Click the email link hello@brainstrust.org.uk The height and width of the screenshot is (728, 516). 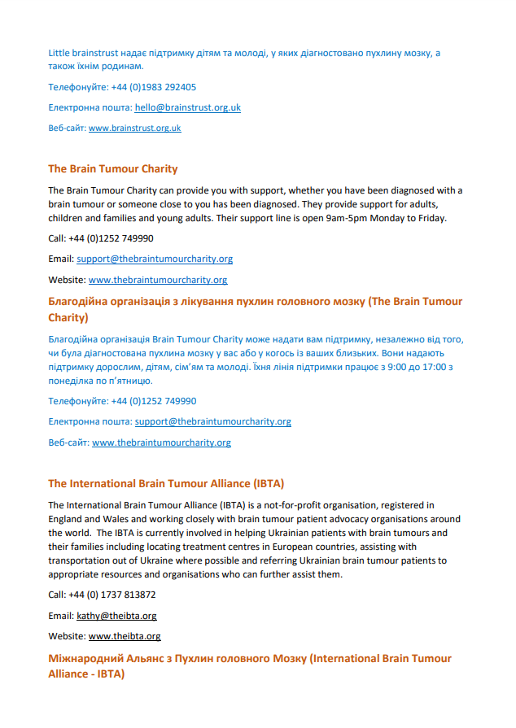click(x=187, y=107)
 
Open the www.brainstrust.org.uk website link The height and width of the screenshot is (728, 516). click(x=134, y=128)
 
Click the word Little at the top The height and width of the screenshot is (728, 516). click(x=59, y=53)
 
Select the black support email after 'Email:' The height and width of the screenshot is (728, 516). click(x=155, y=259)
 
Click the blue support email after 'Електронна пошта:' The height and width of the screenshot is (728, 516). click(x=212, y=421)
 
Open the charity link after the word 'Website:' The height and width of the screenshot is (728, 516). click(x=158, y=279)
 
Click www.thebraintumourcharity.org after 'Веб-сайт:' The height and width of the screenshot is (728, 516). click(x=161, y=442)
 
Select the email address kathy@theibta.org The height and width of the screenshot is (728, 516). click(x=116, y=616)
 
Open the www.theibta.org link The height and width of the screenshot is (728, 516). click(x=125, y=636)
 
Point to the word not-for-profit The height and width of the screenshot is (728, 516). click(x=291, y=505)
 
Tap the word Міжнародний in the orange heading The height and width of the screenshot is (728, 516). click(x=85, y=658)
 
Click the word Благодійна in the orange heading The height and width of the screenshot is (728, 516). click(x=80, y=302)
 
